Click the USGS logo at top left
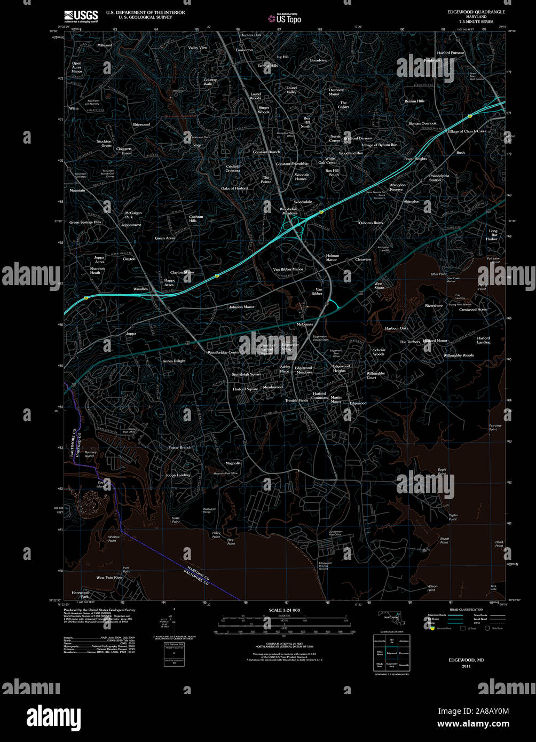pos(81,16)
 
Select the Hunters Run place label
pos(250,35)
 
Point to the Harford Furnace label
pos(451,53)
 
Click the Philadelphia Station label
pos(439,178)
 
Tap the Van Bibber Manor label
pos(288,269)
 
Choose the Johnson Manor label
pos(241,307)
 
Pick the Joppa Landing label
pos(177,475)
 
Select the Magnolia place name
pos(233,463)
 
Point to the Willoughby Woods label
pos(458,355)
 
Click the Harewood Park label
pos(80,594)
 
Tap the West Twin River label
pos(109,578)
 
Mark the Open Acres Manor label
pos(77,67)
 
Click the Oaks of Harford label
pos(234,188)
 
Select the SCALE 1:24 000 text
pos(283,610)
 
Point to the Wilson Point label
pos(432,588)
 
